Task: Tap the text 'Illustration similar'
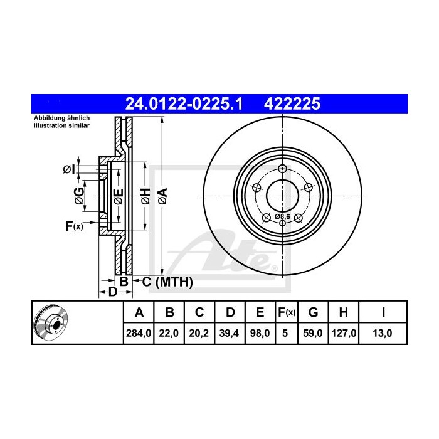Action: (x=61, y=125)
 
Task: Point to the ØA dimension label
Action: (x=162, y=195)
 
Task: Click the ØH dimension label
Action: (x=144, y=195)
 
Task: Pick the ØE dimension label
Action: (x=118, y=195)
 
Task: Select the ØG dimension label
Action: (x=79, y=195)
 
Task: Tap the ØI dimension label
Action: (x=68, y=169)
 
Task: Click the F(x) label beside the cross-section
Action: (x=73, y=226)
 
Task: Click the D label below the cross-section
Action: (x=112, y=292)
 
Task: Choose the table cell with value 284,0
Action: (x=139, y=334)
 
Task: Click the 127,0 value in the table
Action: (x=344, y=334)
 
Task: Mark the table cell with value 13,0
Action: (x=383, y=334)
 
